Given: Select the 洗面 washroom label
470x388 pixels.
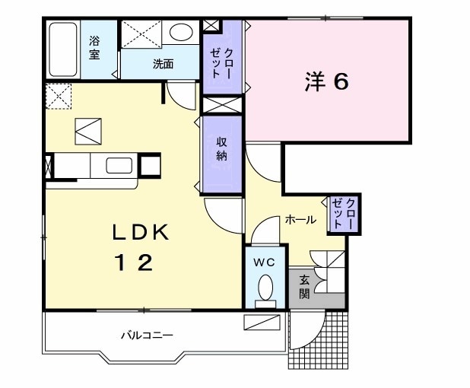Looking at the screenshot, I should click(x=163, y=65).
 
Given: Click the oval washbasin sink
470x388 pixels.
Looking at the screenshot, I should click(x=180, y=32).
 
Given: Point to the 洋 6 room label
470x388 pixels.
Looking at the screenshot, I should click(x=327, y=82).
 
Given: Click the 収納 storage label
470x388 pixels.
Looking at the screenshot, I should click(x=223, y=148).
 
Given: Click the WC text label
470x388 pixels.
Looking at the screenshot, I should click(x=264, y=262).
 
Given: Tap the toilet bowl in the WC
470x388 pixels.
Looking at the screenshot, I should click(x=265, y=288).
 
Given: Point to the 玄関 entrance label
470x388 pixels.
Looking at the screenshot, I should click(x=304, y=286).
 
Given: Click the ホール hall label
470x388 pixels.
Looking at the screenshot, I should click(x=300, y=219).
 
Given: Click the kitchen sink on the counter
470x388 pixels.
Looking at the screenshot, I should click(x=118, y=165).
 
